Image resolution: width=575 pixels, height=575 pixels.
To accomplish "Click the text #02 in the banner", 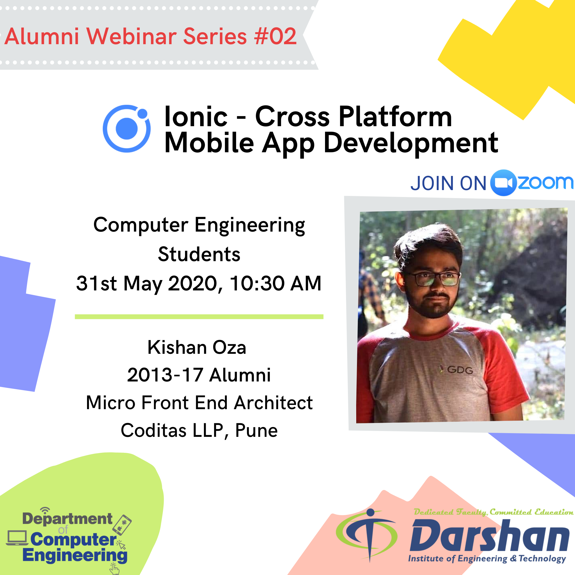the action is click(x=275, y=36).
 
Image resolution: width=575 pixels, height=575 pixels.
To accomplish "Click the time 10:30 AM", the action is click(x=276, y=283).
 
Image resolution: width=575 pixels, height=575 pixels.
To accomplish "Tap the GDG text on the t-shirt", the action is click(x=460, y=370).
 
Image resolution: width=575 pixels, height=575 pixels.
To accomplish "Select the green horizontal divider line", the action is click(x=199, y=317).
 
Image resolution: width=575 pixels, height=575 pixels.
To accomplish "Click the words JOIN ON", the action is click(x=448, y=183).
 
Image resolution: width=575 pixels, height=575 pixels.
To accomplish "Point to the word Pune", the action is click(x=256, y=430).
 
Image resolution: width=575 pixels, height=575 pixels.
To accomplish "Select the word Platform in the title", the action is click(x=395, y=117).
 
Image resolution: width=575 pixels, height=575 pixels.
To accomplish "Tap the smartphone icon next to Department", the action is click(x=122, y=525).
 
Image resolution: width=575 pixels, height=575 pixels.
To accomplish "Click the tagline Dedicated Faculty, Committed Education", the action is click(x=494, y=512).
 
